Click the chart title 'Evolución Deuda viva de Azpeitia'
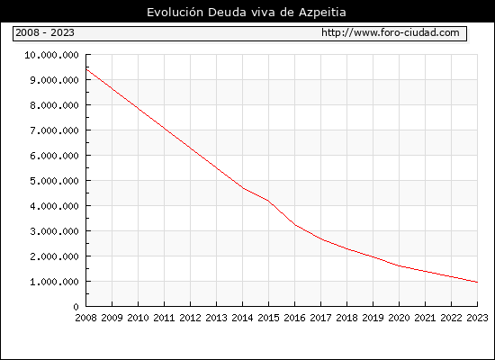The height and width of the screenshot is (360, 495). pos(247,13)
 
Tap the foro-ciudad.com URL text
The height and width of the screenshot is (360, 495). pos(391,32)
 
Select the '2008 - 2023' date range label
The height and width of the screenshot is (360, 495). pos(45,32)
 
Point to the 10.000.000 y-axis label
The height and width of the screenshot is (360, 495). pos(52,55)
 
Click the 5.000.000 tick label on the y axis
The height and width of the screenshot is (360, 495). pos(54,181)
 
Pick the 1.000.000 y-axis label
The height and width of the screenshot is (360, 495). pos(54,282)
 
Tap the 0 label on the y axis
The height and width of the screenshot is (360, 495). pos(76,307)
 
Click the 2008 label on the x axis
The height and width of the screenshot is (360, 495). pos(85,318)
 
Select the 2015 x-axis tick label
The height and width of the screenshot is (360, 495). pos(269,318)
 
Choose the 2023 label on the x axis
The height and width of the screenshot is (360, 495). pos(477,318)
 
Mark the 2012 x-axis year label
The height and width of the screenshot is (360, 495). pos(191,318)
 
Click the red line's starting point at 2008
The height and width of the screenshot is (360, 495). pos(86,69)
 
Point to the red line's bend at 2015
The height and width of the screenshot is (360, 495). pos(269,201)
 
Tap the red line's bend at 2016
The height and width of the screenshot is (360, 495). pos(295,225)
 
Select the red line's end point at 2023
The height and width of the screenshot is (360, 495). pos(477,282)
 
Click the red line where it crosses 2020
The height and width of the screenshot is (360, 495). pos(399,265)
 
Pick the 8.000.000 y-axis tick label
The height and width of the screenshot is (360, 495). pos(54,105)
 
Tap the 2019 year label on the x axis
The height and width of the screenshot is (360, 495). pos(373,318)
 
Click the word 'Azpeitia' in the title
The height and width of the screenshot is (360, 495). pos(322,13)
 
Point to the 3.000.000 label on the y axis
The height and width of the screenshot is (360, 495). pos(54,231)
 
